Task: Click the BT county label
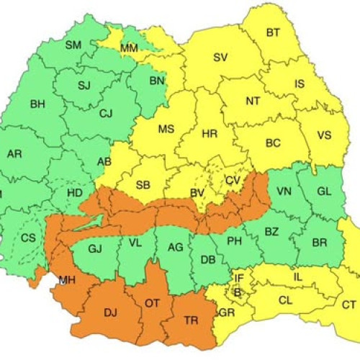[x=273, y=32]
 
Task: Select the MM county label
[x=130, y=48]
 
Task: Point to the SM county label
[x=73, y=45]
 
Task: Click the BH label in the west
[x=37, y=104]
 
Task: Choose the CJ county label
[x=106, y=113]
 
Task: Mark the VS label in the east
[x=324, y=135]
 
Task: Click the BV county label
[x=197, y=192]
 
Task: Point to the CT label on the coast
[x=348, y=305]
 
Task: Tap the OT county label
[x=152, y=303]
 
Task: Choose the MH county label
[x=67, y=279]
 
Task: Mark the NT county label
[x=253, y=101]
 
